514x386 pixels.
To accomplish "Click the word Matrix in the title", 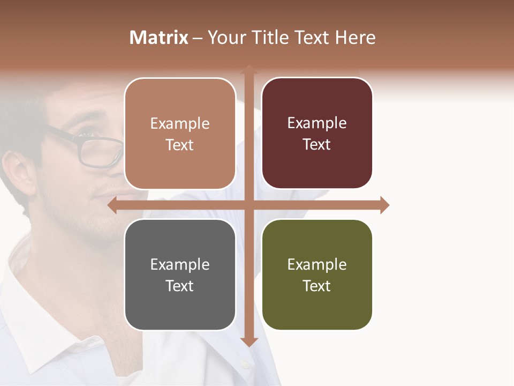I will (158, 38).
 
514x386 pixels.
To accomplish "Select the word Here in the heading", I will (355, 38).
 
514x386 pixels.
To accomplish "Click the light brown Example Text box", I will (180, 134).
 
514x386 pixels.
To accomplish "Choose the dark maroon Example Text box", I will (317, 133).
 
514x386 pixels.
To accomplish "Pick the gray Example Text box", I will (180, 274).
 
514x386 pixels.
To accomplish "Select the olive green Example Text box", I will (317, 274).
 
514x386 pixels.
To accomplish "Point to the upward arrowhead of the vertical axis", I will (248, 69).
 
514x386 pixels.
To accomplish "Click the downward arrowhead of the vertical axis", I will (248, 342).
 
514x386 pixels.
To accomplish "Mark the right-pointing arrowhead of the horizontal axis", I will (384, 205).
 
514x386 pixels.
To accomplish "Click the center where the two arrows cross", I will (248, 205).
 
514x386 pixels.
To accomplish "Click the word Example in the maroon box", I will (317, 123).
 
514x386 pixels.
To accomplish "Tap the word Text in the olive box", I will (317, 286).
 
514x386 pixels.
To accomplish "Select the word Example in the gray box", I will (180, 264).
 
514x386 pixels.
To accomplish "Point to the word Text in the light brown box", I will (180, 145).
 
